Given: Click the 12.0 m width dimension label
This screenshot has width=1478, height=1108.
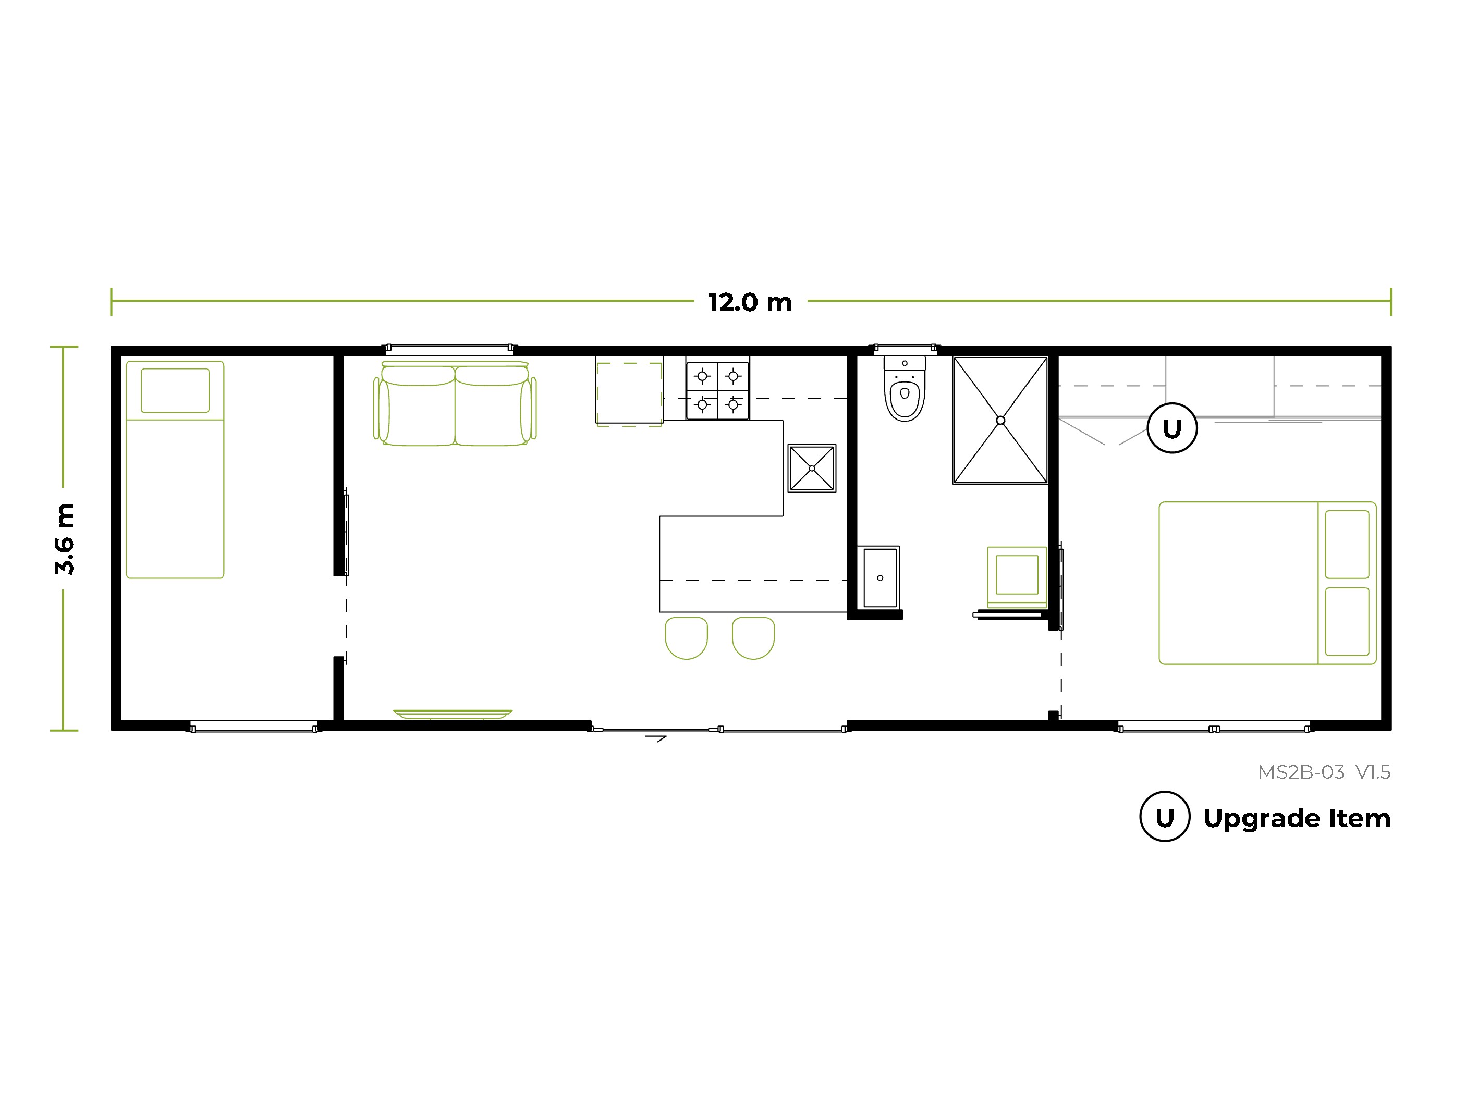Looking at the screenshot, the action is pyautogui.click(x=750, y=303).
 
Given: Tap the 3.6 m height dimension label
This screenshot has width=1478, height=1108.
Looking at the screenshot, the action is pyautogui.click(x=65, y=539).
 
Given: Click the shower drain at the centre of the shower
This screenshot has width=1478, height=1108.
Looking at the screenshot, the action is pyautogui.click(x=1000, y=420).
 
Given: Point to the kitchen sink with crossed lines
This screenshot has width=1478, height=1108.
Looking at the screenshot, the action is pyautogui.click(x=812, y=468).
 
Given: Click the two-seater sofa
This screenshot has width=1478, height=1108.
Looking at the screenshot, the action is pyautogui.click(x=455, y=403).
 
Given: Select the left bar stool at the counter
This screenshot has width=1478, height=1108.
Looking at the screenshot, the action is pyautogui.click(x=686, y=638).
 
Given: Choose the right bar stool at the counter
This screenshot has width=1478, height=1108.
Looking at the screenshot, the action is pyautogui.click(x=753, y=638).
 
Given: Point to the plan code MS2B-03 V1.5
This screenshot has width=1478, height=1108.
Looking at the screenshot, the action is pyautogui.click(x=1324, y=772).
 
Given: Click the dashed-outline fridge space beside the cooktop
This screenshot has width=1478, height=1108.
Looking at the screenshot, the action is pyautogui.click(x=629, y=394).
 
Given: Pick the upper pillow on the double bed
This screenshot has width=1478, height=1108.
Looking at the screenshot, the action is pyautogui.click(x=1347, y=544).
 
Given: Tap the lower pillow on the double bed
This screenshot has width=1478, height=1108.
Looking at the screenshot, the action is pyautogui.click(x=1347, y=621).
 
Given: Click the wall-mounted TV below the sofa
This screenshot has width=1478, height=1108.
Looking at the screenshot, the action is pyautogui.click(x=453, y=714).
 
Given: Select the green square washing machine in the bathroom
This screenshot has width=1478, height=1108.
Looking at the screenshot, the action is pyautogui.click(x=1017, y=576).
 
